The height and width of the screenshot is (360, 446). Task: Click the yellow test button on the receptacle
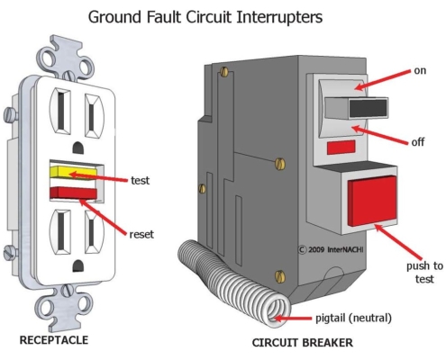(x=74, y=173)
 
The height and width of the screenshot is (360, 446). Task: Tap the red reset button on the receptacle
(x=73, y=193)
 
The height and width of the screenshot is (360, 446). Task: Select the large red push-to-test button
(x=372, y=201)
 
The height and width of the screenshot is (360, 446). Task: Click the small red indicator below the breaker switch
(x=341, y=147)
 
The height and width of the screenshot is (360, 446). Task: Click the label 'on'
(x=420, y=71)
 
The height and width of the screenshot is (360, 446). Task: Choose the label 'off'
(x=418, y=141)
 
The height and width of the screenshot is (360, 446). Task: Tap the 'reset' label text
(x=141, y=234)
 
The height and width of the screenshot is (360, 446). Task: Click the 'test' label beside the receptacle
(x=140, y=180)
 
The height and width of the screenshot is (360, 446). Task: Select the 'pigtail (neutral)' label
(x=353, y=318)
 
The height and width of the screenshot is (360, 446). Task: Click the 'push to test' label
(x=424, y=273)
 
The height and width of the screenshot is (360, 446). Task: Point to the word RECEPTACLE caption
(x=54, y=340)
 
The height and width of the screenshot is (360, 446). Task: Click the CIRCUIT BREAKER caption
(x=303, y=343)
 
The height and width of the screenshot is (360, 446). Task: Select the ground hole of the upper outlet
(x=78, y=147)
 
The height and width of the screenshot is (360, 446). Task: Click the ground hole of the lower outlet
(x=78, y=265)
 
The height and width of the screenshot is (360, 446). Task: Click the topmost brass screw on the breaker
(x=224, y=72)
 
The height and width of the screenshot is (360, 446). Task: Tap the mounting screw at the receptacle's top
(x=68, y=75)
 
